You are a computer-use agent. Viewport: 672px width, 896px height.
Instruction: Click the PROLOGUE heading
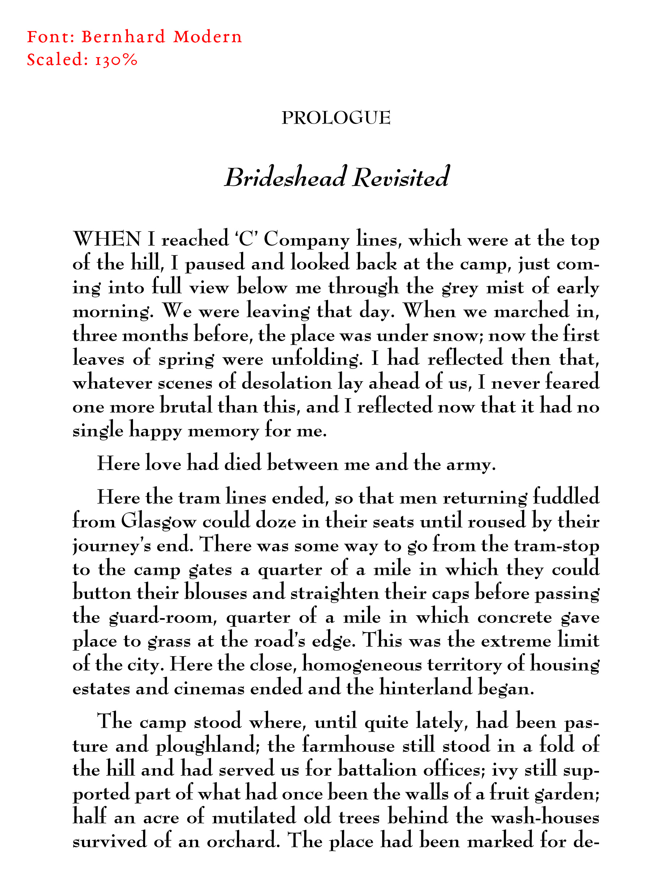[x=336, y=118]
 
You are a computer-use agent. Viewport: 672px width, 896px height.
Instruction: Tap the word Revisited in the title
[x=401, y=177]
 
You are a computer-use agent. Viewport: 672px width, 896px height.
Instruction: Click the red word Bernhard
[x=124, y=37]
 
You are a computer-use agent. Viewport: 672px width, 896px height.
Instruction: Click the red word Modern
[x=207, y=37]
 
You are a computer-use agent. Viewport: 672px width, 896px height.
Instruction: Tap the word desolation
[x=287, y=383]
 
